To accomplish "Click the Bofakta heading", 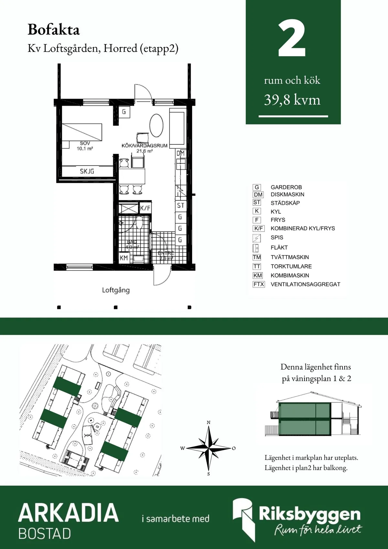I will (54, 30).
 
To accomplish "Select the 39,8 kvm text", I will (292, 100).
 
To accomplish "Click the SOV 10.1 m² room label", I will (85, 146).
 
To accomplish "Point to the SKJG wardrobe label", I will (87, 171).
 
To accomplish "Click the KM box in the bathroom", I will (124, 258).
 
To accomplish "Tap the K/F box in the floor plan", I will (145, 208).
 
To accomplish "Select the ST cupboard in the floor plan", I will (180, 205).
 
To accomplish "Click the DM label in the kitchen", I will (180, 153).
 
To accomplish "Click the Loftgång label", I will (116, 290).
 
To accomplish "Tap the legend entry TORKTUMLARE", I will (291, 266).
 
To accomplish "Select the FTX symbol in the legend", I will (259, 284).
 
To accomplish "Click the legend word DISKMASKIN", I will (287, 194).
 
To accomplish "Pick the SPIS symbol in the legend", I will (256, 238).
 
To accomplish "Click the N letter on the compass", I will (209, 423).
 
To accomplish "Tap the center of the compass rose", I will (209, 448).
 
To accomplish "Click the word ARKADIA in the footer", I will (69, 512).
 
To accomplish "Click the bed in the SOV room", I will (82, 132).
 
